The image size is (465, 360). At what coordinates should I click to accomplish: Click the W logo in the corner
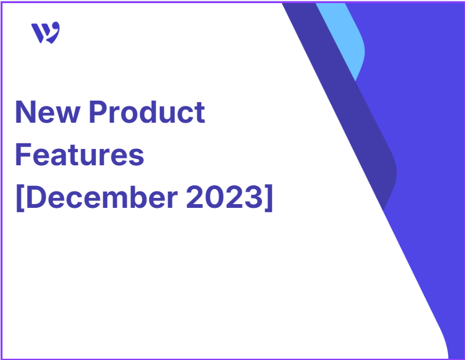pos(45,33)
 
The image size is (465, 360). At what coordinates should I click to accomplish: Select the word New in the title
pos(48,112)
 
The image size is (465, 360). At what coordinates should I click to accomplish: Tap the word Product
pos(147,111)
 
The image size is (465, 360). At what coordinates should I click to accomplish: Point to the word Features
pos(80,155)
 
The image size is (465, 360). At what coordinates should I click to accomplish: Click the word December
pos(102,197)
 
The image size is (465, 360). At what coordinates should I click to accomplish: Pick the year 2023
pos(224,197)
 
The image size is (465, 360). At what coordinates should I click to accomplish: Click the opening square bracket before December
pos(20,198)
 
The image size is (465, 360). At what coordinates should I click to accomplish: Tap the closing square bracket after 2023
pos(269,198)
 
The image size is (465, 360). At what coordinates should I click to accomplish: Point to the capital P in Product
pos(98,112)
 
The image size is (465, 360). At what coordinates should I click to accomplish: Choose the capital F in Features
pos(23,155)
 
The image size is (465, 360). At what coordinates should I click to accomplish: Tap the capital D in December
pos(36,197)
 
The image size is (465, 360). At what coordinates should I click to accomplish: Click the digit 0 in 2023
pos(214,197)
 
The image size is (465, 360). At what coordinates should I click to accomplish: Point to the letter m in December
pos(116,200)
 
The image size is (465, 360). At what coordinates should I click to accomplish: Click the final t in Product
pos(199,113)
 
